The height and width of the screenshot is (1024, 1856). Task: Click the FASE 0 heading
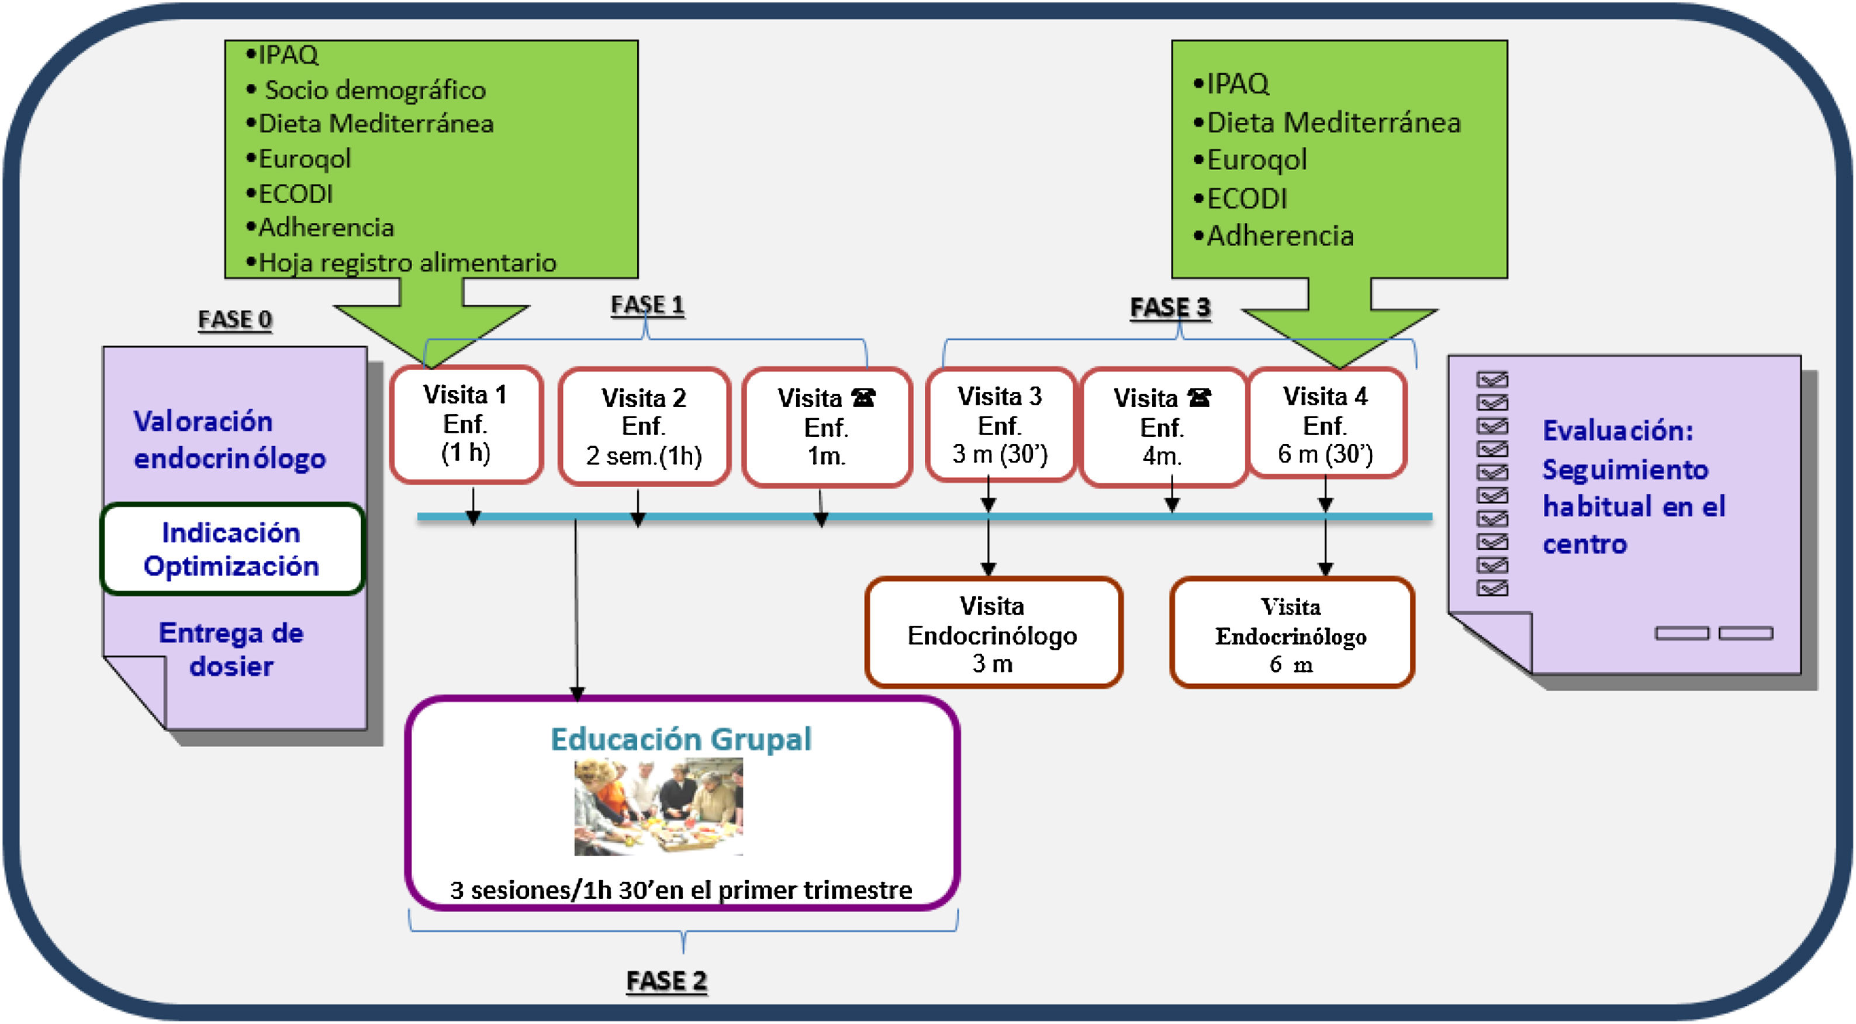point(235,319)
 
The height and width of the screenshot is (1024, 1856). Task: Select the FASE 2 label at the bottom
point(666,981)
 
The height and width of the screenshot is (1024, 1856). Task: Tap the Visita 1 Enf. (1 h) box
point(466,425)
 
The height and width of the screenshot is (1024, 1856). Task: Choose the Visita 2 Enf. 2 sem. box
point(644,426)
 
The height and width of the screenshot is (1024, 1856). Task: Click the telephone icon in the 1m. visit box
point(863,398)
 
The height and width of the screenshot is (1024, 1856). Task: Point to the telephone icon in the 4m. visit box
point(1199,398)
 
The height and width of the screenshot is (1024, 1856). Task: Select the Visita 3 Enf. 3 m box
point(1000,425)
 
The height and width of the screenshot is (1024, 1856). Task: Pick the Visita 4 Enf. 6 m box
point(1326,425)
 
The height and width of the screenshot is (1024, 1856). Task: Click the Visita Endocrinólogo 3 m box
point(993,633)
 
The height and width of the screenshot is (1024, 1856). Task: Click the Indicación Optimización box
point(232,549)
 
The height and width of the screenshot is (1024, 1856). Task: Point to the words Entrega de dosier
point(231,649)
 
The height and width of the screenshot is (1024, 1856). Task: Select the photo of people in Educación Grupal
point(658,806)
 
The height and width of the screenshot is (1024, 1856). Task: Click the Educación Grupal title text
point(681,739)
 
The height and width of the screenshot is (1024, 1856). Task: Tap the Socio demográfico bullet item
point(375,90)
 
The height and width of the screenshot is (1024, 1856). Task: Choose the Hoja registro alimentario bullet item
point(407,263)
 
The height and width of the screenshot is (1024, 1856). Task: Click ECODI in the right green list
point(1246,199)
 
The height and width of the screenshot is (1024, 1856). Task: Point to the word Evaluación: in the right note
point(1617,431)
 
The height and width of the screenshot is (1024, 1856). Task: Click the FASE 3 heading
point(1170,308)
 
